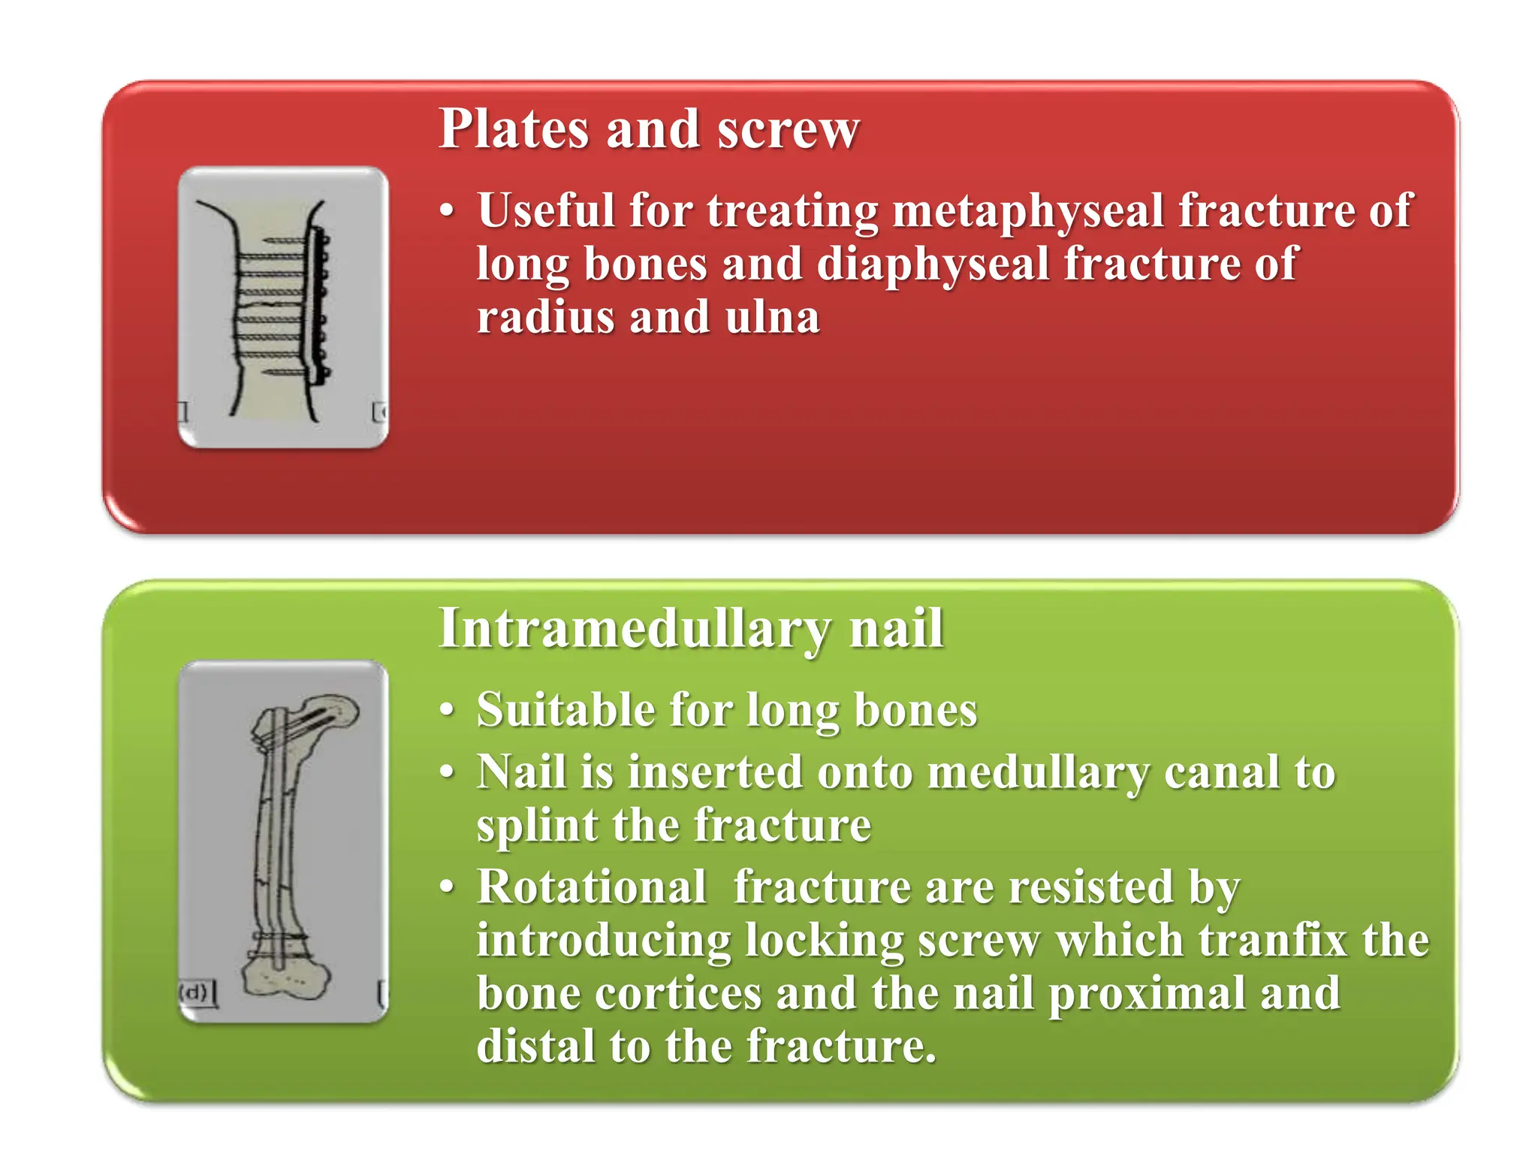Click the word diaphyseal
932,264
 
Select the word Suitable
565,710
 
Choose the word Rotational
592,887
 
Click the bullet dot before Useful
448,212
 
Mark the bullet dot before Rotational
448,888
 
